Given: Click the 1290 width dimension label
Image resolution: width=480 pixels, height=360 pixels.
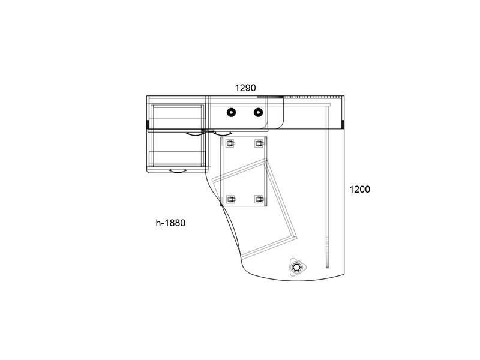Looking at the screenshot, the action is click(245, 88).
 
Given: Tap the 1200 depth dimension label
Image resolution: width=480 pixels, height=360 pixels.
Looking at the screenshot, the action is click(359, 189).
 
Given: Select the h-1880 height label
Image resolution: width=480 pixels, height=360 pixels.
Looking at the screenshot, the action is click(170, 223).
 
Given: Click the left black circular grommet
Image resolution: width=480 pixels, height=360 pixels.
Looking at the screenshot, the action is click(232, 112).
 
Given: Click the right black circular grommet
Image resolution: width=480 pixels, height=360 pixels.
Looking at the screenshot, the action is click(259, 112).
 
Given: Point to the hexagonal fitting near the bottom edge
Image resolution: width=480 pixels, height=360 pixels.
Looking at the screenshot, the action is click(296, 268).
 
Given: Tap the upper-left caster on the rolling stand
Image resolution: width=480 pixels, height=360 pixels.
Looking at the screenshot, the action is click(230, 143).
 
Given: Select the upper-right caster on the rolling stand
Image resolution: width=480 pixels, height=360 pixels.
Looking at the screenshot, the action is click(259, 143).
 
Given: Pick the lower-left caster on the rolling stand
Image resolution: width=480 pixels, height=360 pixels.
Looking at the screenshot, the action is click(231, 200).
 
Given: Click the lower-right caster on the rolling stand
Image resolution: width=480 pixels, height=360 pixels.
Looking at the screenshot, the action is click(259, 200).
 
